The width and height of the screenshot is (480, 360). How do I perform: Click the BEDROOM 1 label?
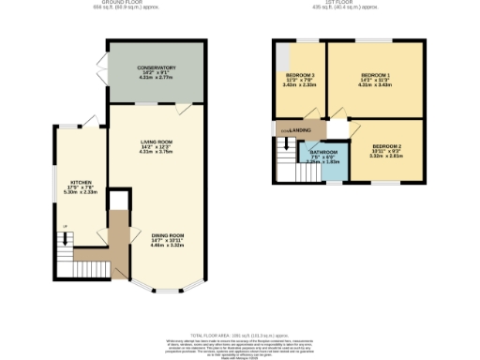tap(376, 73)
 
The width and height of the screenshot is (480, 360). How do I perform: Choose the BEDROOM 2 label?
tap(386, 146)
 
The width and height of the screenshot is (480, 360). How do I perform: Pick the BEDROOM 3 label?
tap(300, 74)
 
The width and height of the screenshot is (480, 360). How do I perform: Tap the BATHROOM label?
tap(324, 151)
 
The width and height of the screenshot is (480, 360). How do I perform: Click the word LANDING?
tap(300, 129)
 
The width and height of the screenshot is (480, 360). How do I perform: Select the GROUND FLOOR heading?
tap(128, 4)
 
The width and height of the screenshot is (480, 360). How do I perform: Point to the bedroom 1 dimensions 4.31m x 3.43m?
tap(376, 84)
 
